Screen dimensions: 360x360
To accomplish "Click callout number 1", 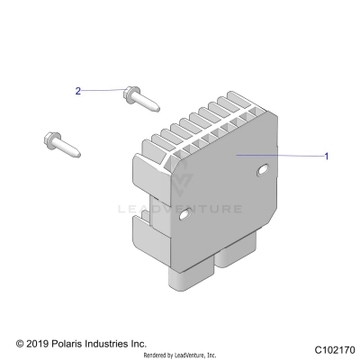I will point(327,156).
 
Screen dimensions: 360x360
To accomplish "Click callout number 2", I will point(78,91).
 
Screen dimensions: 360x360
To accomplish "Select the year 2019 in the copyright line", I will point(40,344).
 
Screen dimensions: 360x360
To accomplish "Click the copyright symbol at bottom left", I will point(21,344).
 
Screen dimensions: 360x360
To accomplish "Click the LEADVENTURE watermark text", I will point(180,210).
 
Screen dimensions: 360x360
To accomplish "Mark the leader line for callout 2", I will point(103,90).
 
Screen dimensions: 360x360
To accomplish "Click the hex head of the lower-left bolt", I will point(50,139).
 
